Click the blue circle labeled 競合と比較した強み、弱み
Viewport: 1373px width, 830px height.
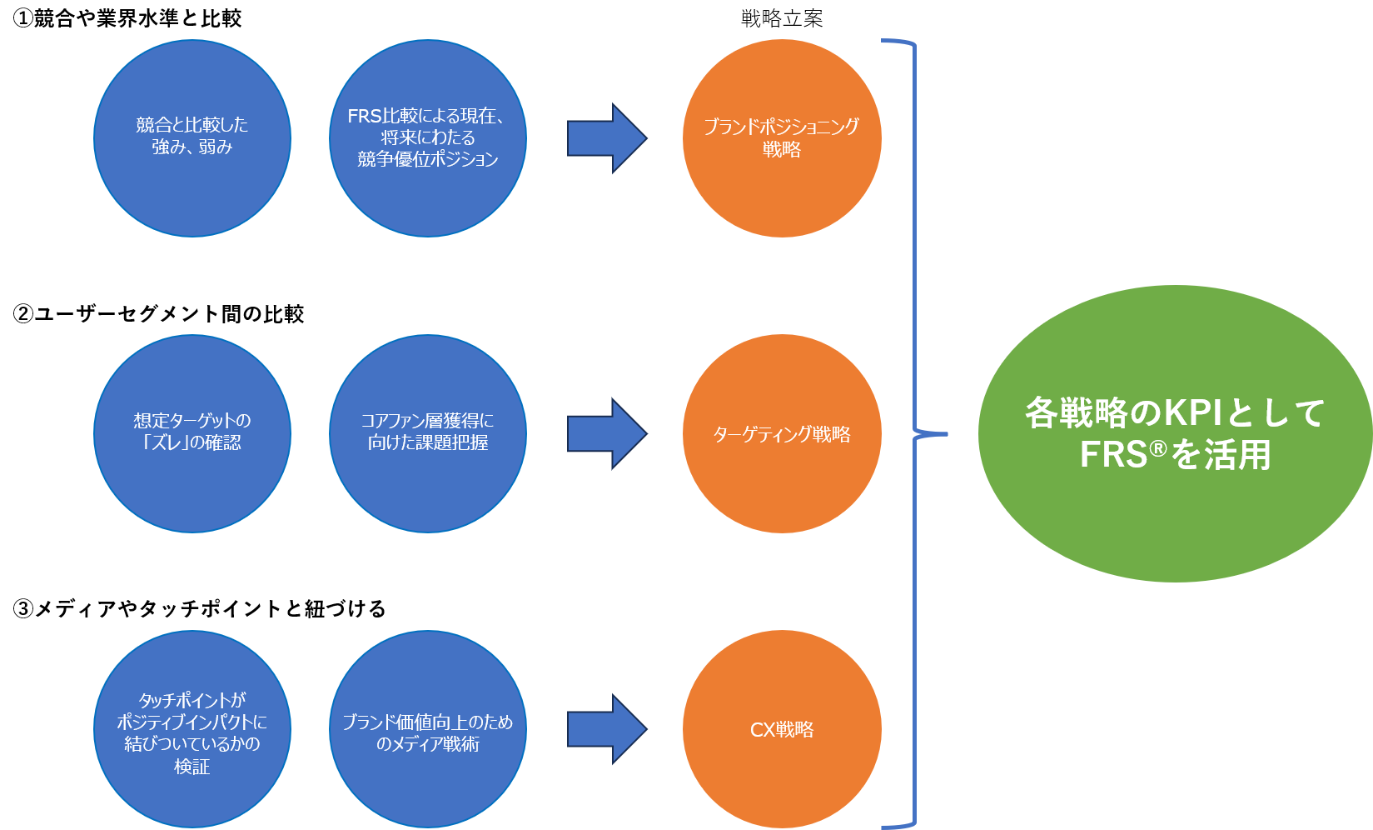tap(192, 138)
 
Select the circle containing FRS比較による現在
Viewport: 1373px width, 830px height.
tap(428, 138)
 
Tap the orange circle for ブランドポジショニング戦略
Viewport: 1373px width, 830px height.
tap(782, 138)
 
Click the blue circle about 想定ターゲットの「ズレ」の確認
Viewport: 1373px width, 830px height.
tap(192, 433)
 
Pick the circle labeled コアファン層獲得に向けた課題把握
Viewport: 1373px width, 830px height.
tap(428, 433)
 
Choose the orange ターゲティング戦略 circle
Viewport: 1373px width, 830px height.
tap(782, 433)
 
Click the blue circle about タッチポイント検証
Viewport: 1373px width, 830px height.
tap(192, 729)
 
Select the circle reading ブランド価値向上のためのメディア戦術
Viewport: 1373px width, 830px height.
tap(428, 729)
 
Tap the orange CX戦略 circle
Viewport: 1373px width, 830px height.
tap(782, 729)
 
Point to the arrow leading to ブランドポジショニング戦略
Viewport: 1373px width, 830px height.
tap(606, 138)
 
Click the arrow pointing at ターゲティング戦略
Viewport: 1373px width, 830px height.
tap(606, 433)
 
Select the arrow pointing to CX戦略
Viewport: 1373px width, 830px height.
tap(606, 729)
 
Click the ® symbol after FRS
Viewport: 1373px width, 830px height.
tap(1158, 450)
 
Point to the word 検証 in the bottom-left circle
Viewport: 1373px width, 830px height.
tap(192, 767)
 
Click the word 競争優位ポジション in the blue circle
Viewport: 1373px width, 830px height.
tap(428, 159)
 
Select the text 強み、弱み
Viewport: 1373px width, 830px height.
tap(192, 147)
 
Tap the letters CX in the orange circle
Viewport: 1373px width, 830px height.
tap(763, 730)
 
